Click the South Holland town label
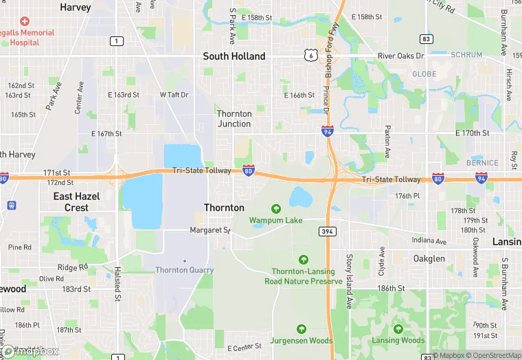234,56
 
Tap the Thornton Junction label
234,118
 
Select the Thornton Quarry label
184,270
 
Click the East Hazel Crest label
77,201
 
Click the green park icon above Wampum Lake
276,208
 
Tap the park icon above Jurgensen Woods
302,328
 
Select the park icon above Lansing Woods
398,328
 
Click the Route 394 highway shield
327,232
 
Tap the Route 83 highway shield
427,39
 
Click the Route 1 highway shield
117,41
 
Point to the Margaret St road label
209,230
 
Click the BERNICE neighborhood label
483,163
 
